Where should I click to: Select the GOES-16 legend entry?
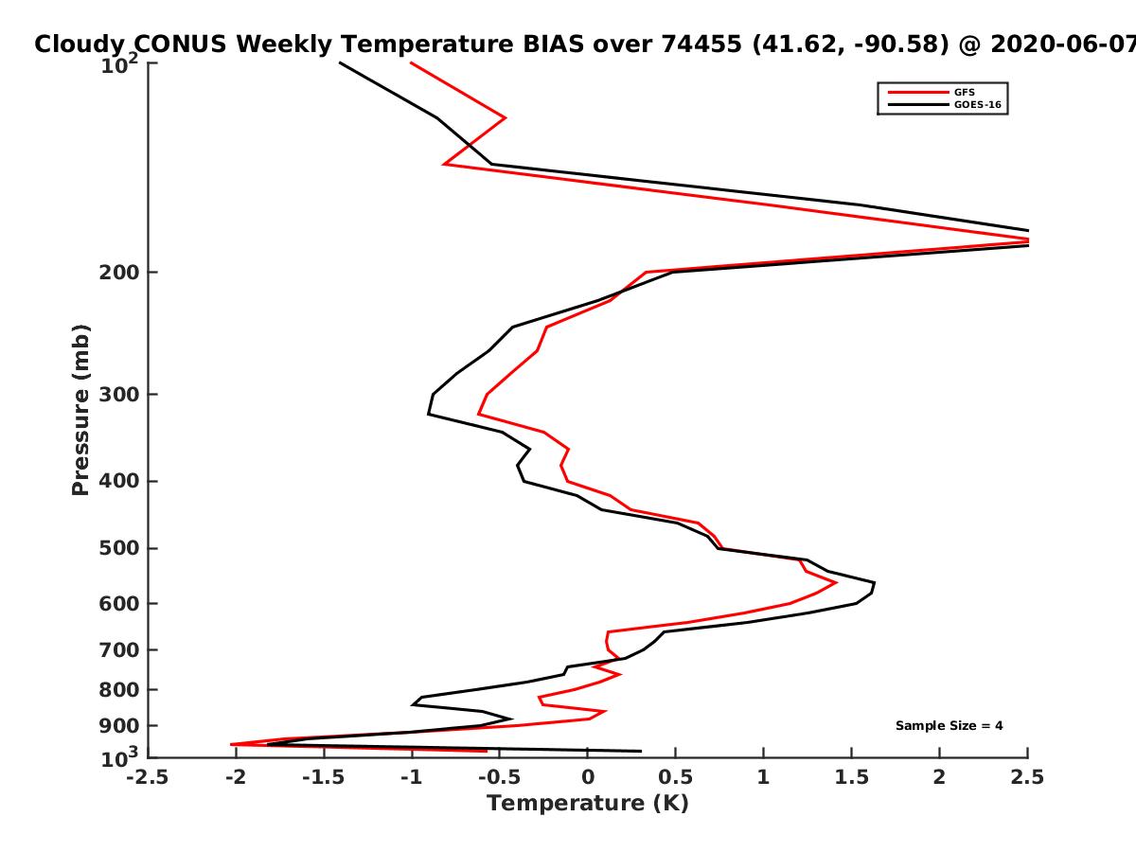[x=945, y=104]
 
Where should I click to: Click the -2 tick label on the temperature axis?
[x=236, y=777]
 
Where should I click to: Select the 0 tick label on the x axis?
[x=588, y=777]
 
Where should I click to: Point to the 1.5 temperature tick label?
[x=851, y=777]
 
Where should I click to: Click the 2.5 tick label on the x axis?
[x=1027, y=777]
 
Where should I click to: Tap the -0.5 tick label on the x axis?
[x=500, y=777]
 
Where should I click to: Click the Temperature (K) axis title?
[x=588, y=804]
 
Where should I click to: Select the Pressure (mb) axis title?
[x=80, y=410]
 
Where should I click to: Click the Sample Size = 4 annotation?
[x=950, y=726]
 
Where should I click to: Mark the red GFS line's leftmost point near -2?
[x=231, y=744]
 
